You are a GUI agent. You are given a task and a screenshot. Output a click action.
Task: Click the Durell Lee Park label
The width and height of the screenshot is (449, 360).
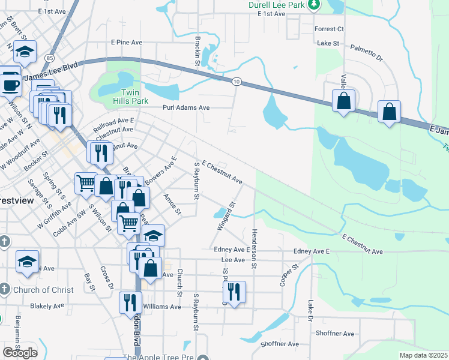point(276,5)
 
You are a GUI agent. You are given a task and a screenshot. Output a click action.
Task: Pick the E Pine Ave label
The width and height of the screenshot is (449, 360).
point(126,43)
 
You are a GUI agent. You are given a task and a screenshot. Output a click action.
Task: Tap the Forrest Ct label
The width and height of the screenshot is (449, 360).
point(329,29)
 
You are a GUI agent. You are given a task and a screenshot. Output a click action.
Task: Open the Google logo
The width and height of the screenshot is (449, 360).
point(20,352)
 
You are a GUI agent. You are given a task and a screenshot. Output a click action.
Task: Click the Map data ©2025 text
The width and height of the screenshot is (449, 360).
point(424,355)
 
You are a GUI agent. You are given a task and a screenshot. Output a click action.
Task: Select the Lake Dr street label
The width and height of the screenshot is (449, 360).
point(311,310)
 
